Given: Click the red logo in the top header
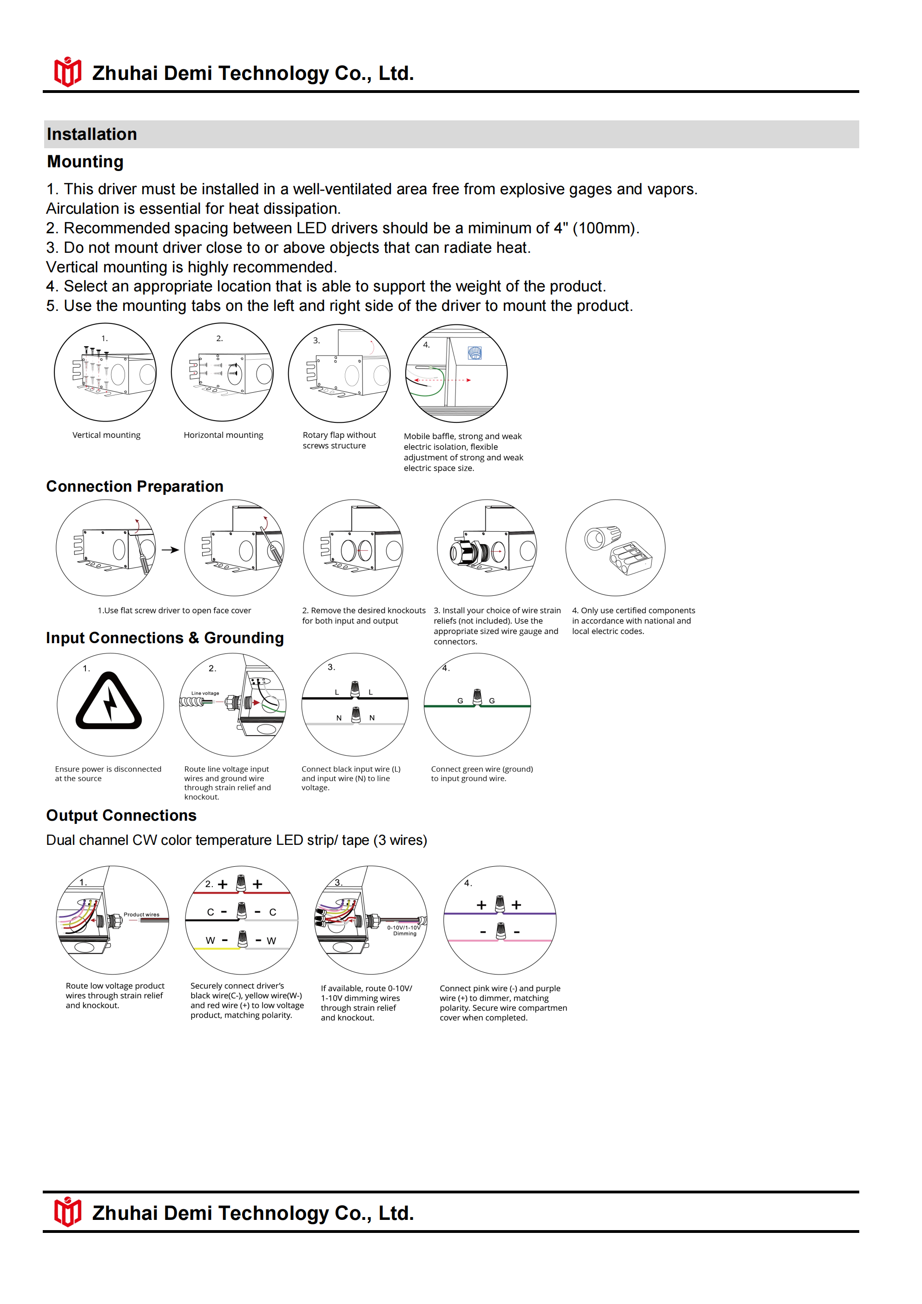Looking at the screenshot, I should point(67,72).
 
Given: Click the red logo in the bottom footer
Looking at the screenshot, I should point(67,1212).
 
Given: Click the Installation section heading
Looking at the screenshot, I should point(92,134).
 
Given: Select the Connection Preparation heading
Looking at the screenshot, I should point(135,486).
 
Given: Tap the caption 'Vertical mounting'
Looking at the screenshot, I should point(106,435).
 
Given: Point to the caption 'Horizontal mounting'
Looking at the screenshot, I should point(223,435).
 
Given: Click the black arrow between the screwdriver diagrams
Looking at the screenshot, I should point(170,550).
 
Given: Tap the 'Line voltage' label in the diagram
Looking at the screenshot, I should point(205,693).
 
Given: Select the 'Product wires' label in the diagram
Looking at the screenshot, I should point(141,915).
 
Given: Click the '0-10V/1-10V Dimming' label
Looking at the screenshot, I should point(404,930).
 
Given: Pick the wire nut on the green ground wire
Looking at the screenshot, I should point(477,698).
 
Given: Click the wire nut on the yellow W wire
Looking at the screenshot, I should point(243,939).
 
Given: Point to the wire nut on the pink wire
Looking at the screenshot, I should point(501,931).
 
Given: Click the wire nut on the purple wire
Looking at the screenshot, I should point(500,903).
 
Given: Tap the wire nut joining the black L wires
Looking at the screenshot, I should point(355,689).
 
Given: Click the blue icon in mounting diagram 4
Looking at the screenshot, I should point(474,353).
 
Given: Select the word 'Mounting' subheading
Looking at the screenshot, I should point(85,162).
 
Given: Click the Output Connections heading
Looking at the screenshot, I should point(121,816).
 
